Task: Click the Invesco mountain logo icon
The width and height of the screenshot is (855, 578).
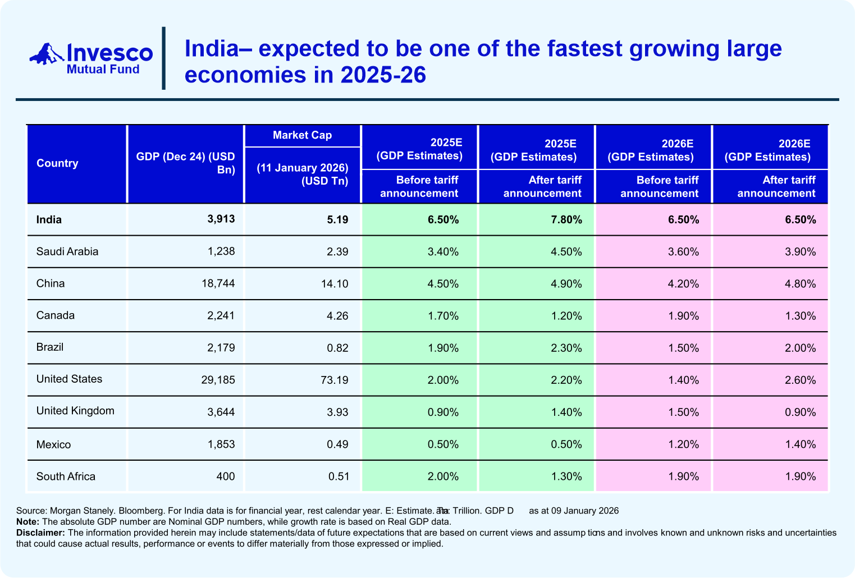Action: coord(47,54)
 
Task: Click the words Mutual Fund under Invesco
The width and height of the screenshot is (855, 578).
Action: coord(103,69)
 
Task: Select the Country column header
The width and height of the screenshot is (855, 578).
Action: coord(57,163)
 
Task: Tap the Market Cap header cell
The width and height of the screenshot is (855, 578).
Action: coord(302,135)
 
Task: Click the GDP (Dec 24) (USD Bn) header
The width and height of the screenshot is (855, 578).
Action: coord(186,163)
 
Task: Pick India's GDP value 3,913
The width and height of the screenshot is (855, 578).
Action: coord(221,219)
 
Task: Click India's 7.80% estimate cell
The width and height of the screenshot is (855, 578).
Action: coord(566,219)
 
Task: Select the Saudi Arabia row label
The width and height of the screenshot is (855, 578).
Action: coord(67,251)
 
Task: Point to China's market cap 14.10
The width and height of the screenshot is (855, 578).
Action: coord(335,283)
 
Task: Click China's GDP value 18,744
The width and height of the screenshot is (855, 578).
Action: coord(218,283)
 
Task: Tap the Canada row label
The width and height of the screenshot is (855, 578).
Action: coord(56,315)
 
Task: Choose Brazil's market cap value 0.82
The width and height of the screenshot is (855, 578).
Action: coord(337,348)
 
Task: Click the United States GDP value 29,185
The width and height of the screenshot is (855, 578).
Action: coord(218,380)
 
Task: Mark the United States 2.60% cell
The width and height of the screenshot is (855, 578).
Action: coord(800,380)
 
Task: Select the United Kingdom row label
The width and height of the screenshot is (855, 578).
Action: coord(75,411)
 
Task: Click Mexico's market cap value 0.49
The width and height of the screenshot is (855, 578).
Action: coord(337,444)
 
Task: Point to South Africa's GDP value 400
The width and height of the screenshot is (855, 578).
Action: coord(226,476)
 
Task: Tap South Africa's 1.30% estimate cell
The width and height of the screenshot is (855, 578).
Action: coord(566,476)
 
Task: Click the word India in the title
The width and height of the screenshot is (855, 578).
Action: coord(212,49)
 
